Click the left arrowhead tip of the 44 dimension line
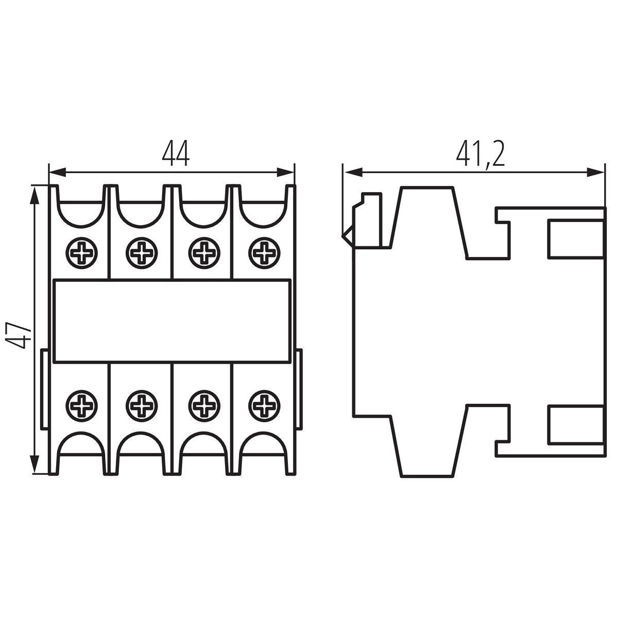[49, 172]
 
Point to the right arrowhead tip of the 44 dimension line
[294, 172]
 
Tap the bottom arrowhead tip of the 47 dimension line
[34, 473]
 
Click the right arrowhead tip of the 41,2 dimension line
[605, 172]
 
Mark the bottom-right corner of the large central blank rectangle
[291, 363]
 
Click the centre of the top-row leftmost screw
[81, 252]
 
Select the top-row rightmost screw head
[264, 252]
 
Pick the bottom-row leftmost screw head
[81, 406]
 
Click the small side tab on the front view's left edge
[44, 389]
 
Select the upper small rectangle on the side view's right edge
[576, 238]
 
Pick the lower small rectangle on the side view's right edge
[576, 425]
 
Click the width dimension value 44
[176, 155]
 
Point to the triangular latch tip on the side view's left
[342, 237]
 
